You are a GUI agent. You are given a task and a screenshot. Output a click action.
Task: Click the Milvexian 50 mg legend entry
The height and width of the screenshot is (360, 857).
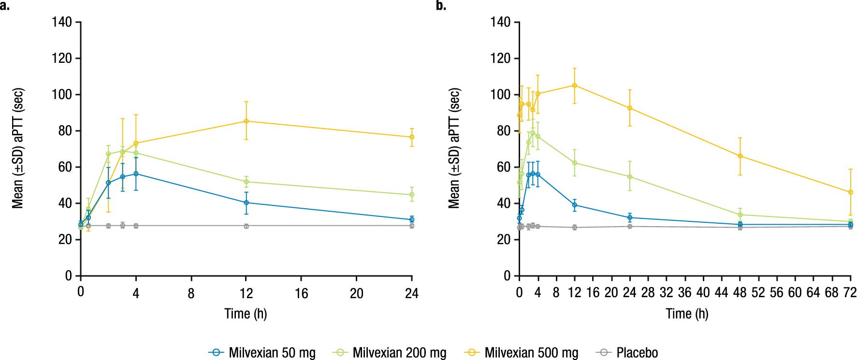point(262,353)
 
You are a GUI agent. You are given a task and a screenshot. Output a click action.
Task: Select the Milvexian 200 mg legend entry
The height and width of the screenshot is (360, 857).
point(390,353)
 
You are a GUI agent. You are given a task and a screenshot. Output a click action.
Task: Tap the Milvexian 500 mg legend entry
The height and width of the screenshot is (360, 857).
point(521,353)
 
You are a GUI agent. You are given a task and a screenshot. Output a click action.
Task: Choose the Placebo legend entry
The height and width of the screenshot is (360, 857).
point(627,353)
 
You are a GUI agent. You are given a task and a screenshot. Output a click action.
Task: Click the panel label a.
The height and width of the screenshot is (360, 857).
point(5,6)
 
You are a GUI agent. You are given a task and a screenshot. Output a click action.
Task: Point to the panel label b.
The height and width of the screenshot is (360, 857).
point(441,6)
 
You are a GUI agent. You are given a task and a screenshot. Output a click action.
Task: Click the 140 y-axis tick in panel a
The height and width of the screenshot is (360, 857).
point(62,22)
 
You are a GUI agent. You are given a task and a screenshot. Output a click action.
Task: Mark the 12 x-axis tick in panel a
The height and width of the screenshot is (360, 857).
point(246,293)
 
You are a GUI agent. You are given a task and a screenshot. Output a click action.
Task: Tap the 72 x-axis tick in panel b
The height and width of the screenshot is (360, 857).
point(850,293)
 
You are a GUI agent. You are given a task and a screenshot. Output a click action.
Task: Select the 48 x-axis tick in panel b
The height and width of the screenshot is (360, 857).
point(740,293)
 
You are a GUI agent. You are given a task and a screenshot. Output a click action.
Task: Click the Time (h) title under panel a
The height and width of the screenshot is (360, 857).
point(246,314)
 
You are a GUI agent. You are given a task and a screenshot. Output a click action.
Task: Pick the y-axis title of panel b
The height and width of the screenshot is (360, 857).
point(454,148)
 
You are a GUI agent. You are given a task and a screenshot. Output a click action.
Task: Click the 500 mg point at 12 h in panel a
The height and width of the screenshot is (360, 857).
point(246,121)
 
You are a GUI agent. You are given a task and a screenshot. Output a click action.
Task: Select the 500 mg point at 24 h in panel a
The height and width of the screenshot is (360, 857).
point(412,137)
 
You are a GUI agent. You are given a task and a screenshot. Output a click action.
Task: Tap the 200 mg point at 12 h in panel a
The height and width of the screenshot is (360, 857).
point(246,182)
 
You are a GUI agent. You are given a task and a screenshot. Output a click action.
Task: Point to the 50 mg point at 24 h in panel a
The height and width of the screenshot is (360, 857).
point(412,219)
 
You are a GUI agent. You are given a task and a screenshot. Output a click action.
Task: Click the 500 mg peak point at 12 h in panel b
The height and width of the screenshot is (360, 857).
point(574,86)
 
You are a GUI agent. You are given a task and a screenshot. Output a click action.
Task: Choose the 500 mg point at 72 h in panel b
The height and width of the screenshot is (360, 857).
point(850,192)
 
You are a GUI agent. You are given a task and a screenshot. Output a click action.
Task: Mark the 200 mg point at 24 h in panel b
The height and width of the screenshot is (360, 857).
point(629,177)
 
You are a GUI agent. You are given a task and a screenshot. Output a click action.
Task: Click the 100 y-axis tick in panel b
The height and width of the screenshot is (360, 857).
point(500,95)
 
